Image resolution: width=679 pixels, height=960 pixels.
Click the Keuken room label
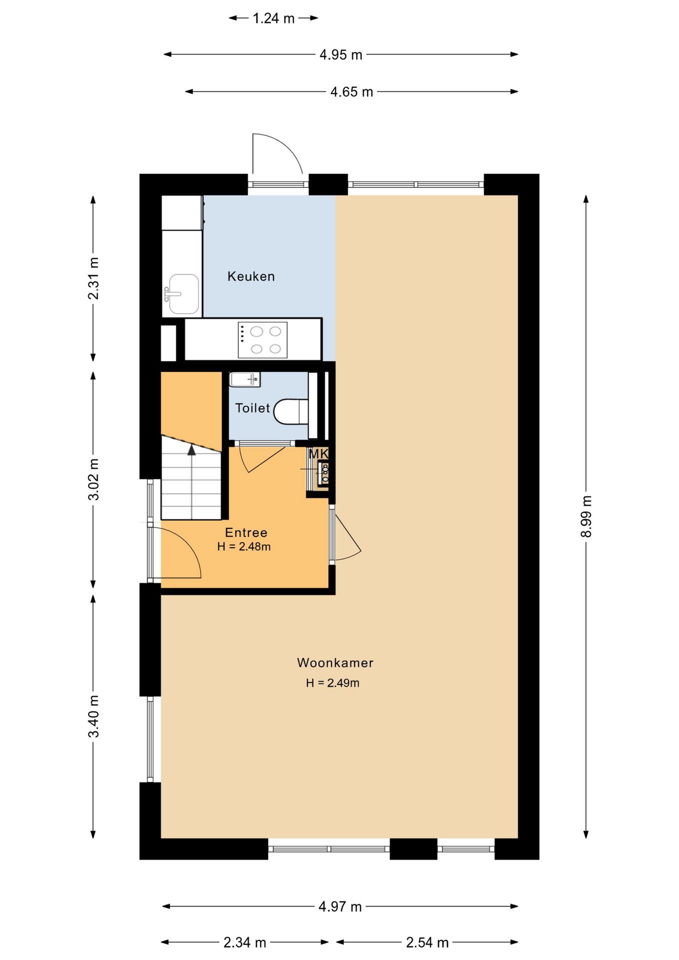[x=251, y=276]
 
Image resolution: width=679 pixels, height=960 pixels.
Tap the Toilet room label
[x=252, y=408]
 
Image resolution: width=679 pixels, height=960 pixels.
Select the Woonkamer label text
[x=335, y=663]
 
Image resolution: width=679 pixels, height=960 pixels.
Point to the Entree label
[x=246, y=532]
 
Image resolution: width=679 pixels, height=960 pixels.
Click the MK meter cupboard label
[x=318, y=454]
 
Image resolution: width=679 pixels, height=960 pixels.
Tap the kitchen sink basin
[x=183, y=294]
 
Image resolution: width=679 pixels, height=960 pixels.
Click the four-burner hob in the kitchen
[x=262, y=340]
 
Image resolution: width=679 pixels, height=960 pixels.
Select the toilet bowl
[x=291, y=411]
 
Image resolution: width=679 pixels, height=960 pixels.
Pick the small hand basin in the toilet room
[x=244, y=379]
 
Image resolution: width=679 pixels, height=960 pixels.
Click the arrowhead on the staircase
[x=191, y=450]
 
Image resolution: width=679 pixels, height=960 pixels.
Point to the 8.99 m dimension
[x=586, y=516]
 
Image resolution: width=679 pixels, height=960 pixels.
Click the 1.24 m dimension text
[x=273, y=18]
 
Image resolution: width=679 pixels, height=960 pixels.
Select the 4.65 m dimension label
[x=351, y=92]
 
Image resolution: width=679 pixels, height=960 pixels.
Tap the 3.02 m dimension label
[x=93, y=479]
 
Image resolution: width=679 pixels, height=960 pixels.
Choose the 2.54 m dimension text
[x=427, y=942]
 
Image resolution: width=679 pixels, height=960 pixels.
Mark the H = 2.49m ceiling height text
[x=332, y=683]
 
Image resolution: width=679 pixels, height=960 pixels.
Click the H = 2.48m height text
[x=244, y=546]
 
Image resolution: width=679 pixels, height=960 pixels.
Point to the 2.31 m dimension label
[x=93, y=278]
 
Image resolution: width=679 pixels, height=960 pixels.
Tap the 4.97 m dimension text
[x=340, y=906]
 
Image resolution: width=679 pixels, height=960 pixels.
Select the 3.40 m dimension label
[x=93, y=716]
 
